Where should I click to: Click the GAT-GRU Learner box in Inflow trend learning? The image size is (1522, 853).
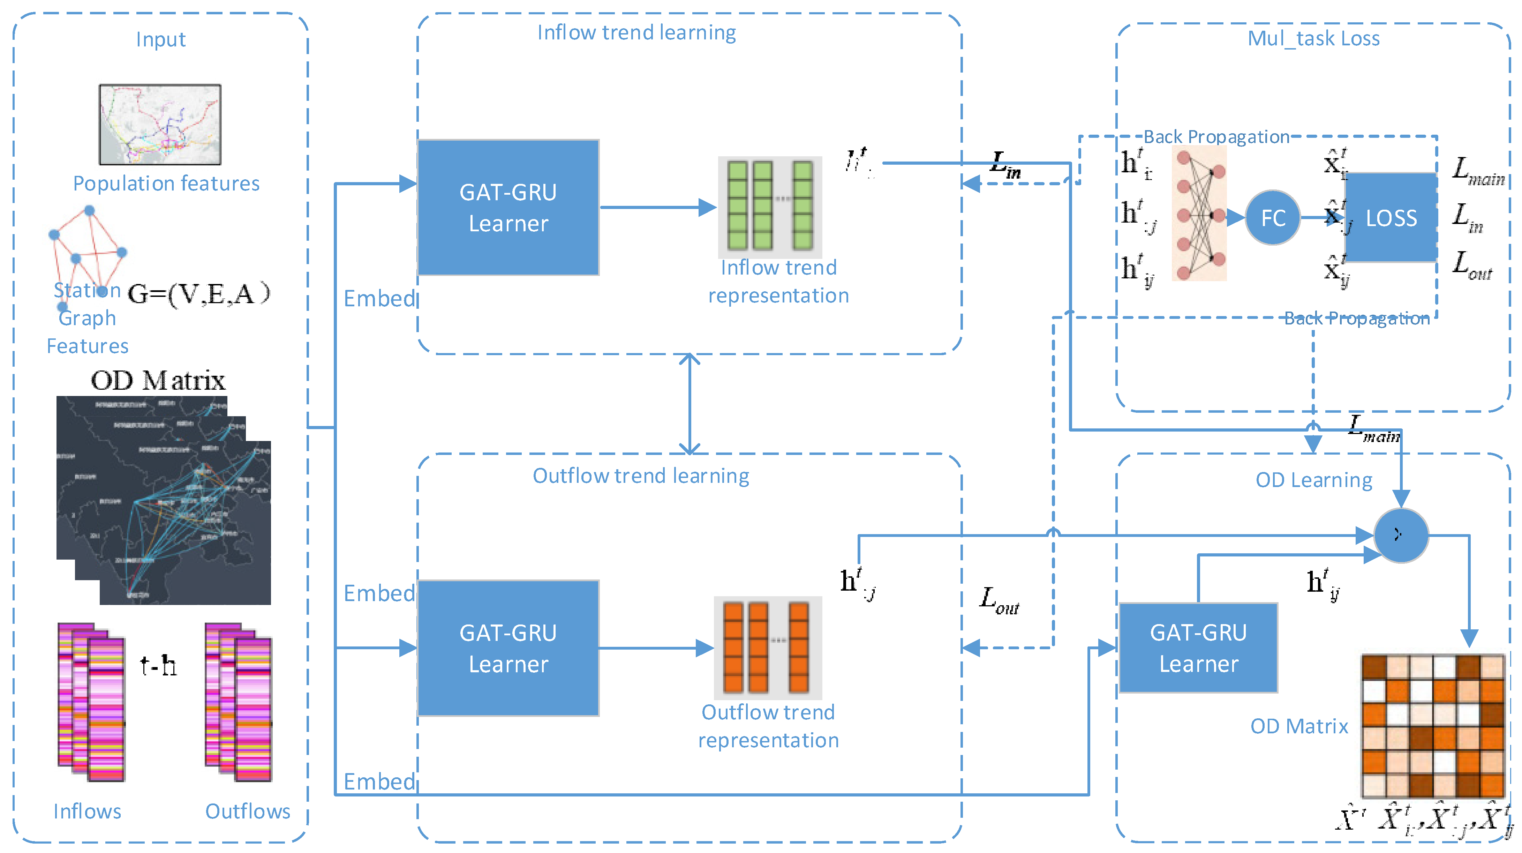(508, 208)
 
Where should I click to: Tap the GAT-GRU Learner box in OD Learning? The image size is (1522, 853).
(1198, 648)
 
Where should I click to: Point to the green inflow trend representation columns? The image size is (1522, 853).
(770, 206)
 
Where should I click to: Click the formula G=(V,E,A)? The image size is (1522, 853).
(198, 294)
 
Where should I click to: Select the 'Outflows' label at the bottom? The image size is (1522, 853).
(248, 811)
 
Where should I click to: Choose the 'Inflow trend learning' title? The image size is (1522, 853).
(636, 32)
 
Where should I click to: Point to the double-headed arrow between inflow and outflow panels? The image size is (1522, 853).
(690, 404)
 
